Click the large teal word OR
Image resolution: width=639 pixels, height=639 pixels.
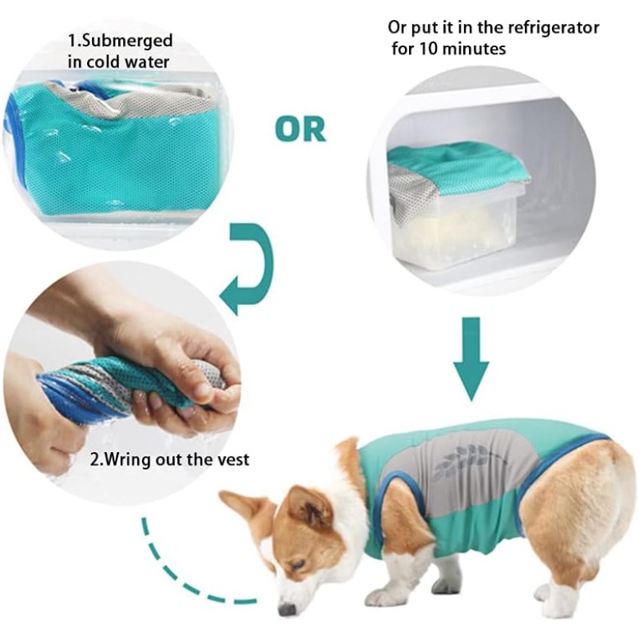(300, 129)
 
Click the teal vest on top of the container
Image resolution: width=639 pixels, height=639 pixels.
(459, 164)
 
